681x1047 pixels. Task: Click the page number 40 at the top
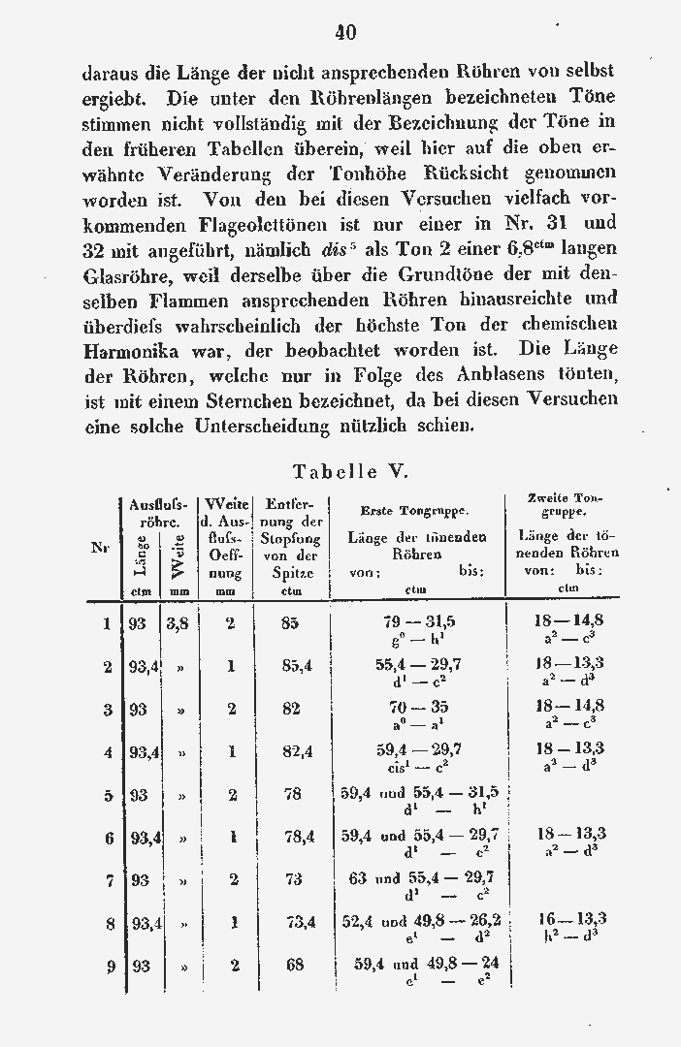pos(345,32)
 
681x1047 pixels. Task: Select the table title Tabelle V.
pos(349,472)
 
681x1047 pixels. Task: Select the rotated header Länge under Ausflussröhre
pos(139,556)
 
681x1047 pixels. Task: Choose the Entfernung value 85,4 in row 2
pos(294,665)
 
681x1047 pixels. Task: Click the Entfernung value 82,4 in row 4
pos(294,750)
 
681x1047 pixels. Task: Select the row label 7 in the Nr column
pos(109,879)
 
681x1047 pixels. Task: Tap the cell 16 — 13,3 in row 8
pos(572,919)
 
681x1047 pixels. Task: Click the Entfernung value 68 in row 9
pos(290,966)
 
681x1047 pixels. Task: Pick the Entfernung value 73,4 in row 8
pos(296,922)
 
